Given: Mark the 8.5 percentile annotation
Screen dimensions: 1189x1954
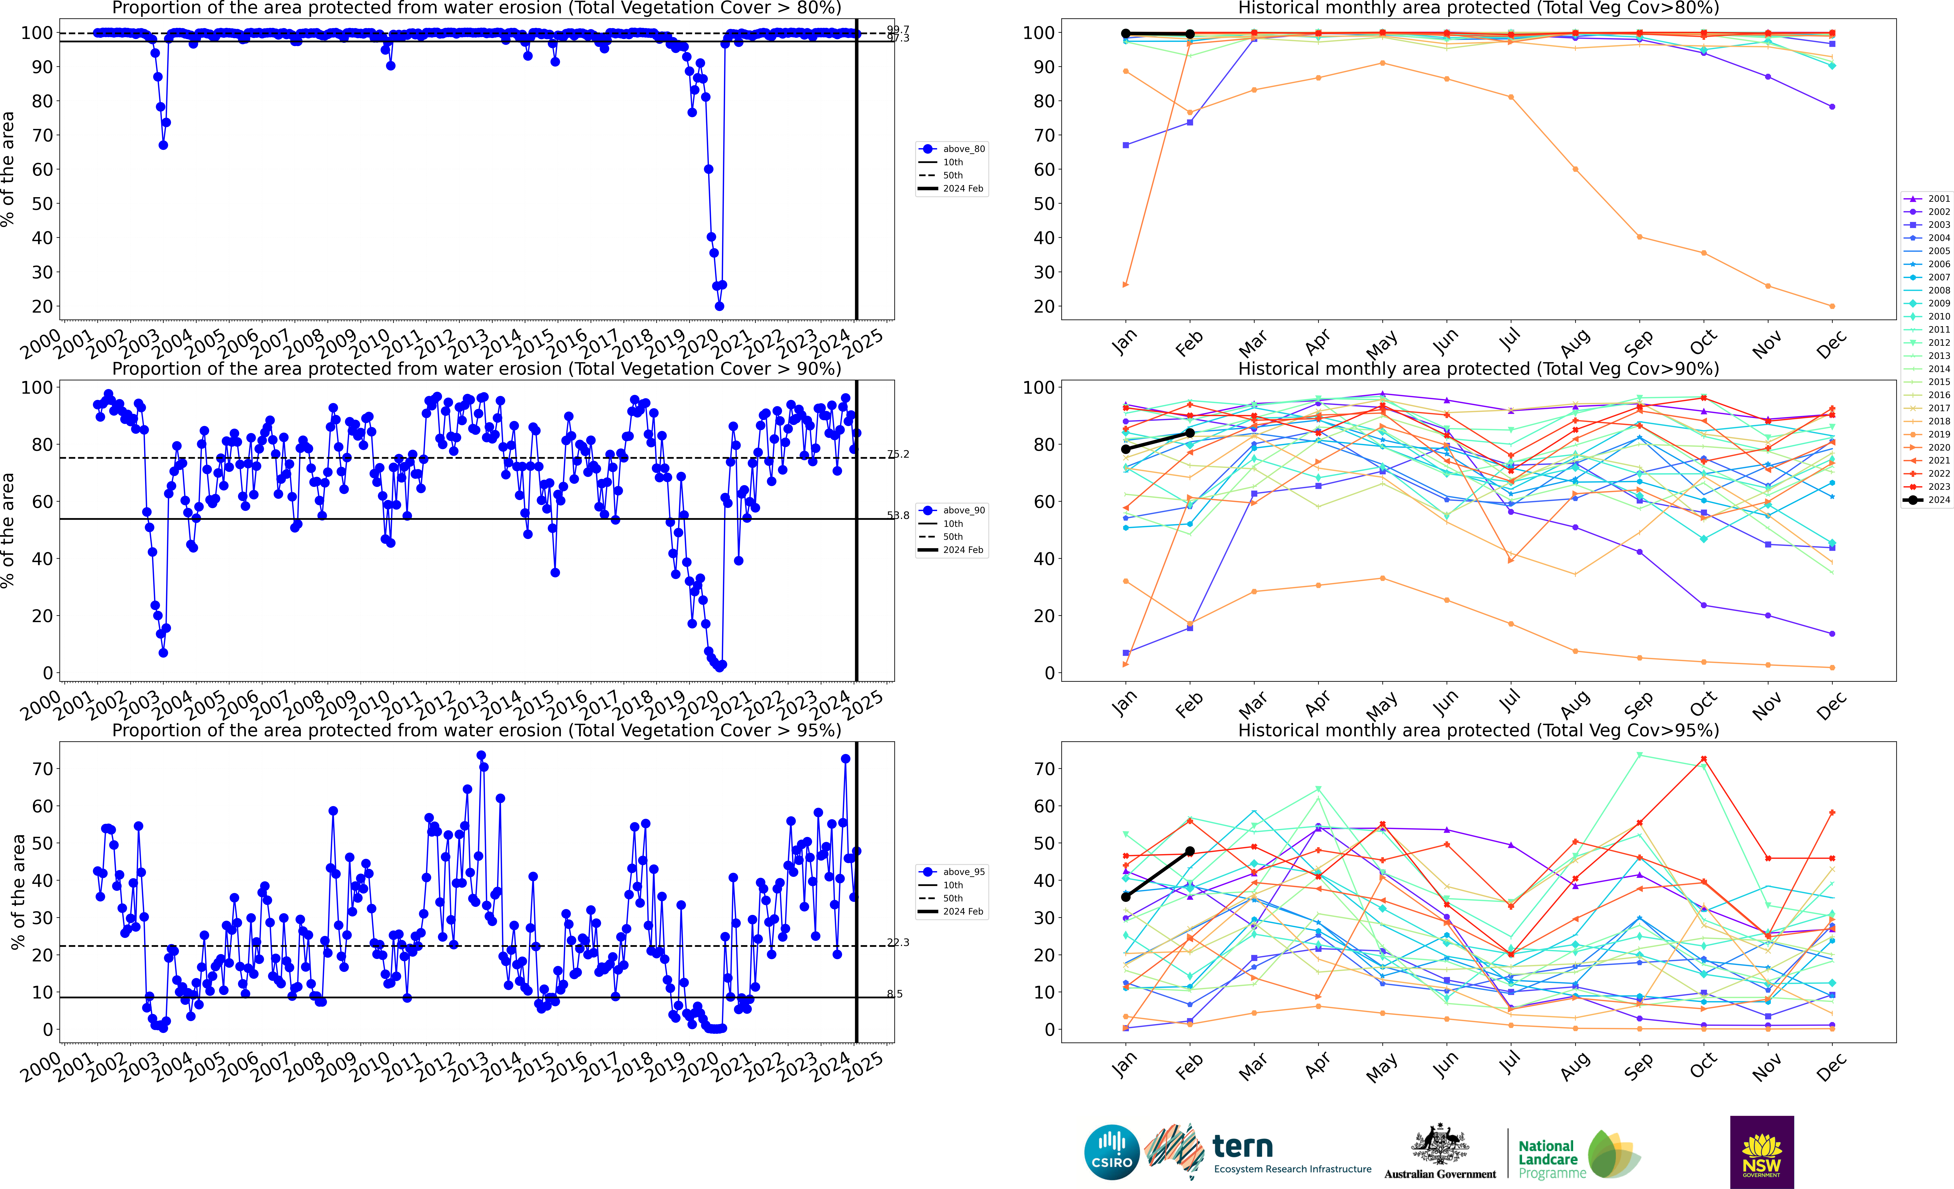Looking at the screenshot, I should (895, 994).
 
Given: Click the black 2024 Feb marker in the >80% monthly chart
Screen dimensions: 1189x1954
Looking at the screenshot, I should (1190, 34).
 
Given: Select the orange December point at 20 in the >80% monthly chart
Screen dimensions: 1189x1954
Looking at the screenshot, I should (1832, 306).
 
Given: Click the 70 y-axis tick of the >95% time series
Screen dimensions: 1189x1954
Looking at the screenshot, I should (42, 769).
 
